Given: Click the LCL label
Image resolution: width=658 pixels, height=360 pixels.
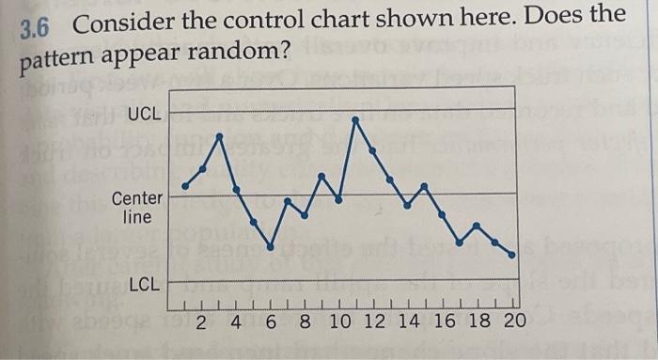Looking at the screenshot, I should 145,282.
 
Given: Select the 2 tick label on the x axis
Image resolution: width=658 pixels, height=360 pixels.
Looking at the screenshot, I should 202,321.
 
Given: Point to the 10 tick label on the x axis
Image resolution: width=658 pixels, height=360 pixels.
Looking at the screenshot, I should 340,321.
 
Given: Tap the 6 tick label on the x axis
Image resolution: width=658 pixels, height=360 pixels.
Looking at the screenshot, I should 271,321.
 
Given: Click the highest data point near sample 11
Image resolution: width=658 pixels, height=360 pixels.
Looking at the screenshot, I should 355,119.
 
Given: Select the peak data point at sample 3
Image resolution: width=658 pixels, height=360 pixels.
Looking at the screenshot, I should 220,137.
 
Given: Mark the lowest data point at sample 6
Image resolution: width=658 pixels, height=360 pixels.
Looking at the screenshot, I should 271,247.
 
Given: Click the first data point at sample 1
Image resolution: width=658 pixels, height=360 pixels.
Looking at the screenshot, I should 185,186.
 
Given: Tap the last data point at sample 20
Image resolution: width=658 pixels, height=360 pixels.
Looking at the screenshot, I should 512,255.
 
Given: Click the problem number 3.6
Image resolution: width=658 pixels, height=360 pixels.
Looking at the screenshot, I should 35,27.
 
